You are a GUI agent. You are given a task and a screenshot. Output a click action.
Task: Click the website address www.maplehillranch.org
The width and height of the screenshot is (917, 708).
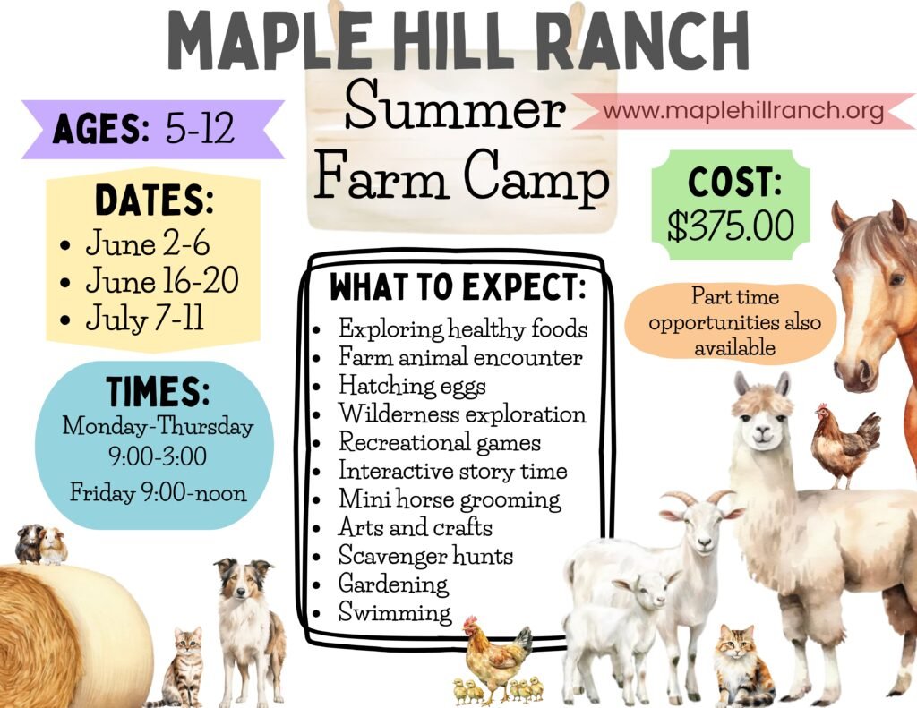point(742,110)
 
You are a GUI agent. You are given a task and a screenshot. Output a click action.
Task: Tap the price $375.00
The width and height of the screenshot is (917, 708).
point(731,226)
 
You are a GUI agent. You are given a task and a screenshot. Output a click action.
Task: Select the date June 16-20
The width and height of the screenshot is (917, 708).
point(162,282)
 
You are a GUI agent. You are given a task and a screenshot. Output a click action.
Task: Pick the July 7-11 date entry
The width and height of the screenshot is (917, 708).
point(144,320)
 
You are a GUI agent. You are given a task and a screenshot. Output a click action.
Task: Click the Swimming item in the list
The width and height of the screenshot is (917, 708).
point(395,612)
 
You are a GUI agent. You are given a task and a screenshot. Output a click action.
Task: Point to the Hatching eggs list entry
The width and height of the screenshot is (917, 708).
point(412,386)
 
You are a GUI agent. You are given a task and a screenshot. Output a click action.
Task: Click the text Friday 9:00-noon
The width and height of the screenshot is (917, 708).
point(158,492)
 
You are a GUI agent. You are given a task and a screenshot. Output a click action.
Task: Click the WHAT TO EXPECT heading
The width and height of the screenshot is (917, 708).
point(458,286)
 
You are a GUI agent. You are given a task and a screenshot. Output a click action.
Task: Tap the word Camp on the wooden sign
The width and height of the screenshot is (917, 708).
point(536,175)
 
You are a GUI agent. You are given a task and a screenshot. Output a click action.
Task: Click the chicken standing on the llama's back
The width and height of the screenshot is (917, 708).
point(844,444)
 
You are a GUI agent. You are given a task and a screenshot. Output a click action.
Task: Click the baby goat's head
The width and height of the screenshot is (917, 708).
point(643,591)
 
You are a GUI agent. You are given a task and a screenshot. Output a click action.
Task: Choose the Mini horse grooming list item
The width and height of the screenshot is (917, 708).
point(450,499)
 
